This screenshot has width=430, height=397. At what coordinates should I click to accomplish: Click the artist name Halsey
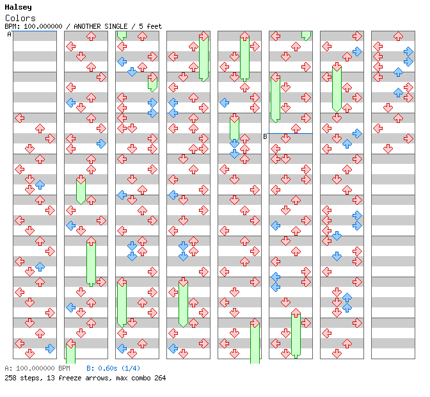click(x=17, y=8)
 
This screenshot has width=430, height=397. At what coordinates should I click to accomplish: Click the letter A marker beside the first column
click(x=9, y=35)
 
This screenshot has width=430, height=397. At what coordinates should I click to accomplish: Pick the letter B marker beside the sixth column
click(x=265, y=136)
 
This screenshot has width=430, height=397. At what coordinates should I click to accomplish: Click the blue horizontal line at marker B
click(x=291, y=134)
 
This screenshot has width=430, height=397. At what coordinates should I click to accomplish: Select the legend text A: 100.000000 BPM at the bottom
click(x=37, y=369)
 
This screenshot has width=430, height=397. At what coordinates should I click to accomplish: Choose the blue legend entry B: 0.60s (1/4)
click(x=113, y=369)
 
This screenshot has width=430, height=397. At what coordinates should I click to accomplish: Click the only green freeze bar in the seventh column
click(x=337, y=88)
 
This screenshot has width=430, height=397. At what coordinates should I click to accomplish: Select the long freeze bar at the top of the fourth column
click(x=203, y=58)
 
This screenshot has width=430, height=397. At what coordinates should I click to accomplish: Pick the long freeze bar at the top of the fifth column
click(x=244, y=58)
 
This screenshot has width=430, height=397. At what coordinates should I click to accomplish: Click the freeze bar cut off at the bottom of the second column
click(x=70, y=354)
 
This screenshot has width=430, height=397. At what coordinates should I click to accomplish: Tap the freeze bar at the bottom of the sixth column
click(x=296, y=333)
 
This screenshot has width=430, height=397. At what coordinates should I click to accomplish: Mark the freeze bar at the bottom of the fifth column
click(x=255, y=343)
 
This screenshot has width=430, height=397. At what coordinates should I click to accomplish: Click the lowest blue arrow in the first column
click(x=50, y=348)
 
